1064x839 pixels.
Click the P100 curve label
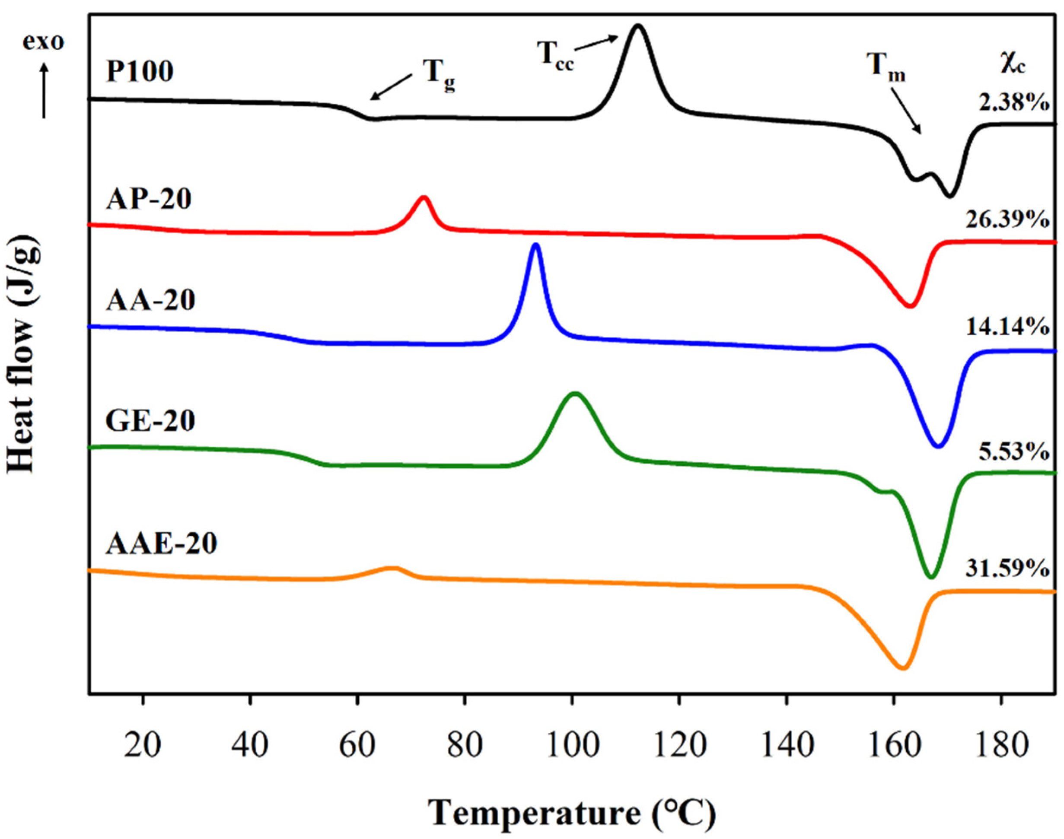pyautogui.click(x=140, y=72)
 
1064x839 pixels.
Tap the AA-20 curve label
pyautogui.click(x=151, y=300)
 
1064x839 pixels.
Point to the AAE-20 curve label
pyautogui.click(x=162, y=544)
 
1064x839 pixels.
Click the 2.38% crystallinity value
pyautogui.click(x=1014, y=103)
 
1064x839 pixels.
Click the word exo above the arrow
pyautogui.click(x=44, y=42)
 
